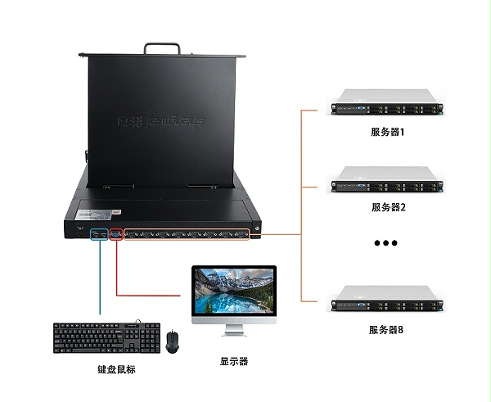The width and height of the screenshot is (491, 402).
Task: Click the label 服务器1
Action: pyautogui.click(x=387, y=132)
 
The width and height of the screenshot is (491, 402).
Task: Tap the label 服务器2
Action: pyautogui.click(x=387, y=206)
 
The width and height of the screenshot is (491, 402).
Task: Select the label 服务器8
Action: pyautogui.click(x=387, y=329)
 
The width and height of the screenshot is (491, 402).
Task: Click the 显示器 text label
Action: pyautogui.click(x=233, y=361)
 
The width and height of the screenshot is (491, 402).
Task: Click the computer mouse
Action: pyautogui.click(x=172, y=341)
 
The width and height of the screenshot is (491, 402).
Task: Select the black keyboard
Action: pyautogui.click(x=106, y=337)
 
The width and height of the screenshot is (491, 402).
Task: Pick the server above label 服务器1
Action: pyautogui.click(x=385, y=105)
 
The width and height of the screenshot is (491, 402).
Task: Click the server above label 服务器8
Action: pyautogui.click(x=385, y=300)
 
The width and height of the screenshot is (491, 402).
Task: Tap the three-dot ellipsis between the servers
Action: pyautogui.click(x=385, y=243)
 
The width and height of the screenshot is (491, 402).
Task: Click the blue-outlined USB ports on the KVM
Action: pyautogui.click(x=98, y=234)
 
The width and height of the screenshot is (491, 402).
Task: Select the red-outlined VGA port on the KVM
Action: pyautogui.click(x=115, y=234)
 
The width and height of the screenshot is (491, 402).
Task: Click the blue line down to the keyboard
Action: pyautogui.click(x=99, y=278)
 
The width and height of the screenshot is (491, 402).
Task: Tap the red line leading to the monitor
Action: pyautogui.click(x=147, y=293)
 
